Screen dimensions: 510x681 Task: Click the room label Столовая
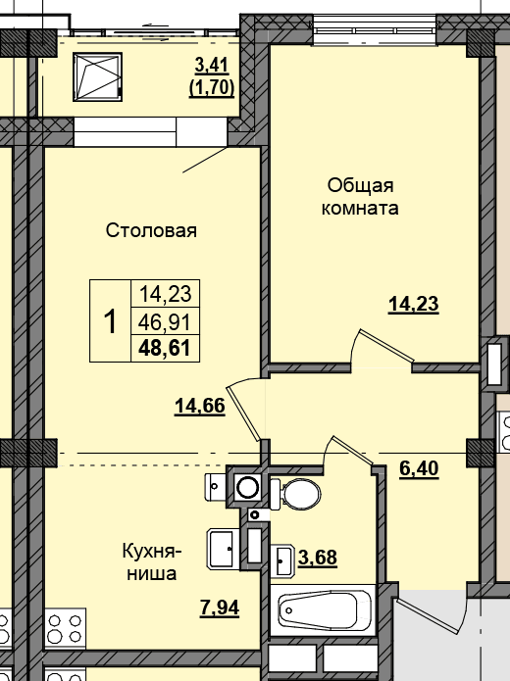151,230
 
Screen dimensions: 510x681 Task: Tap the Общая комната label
360,197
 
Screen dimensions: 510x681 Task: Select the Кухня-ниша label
152,562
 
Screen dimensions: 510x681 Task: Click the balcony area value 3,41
212,66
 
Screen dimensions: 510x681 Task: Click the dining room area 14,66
200,406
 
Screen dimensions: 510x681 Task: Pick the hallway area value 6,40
419,468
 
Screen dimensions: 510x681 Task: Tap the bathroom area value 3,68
318,558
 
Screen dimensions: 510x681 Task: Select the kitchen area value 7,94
220,608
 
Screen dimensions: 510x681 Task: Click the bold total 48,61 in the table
165,348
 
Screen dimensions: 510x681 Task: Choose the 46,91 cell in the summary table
165,322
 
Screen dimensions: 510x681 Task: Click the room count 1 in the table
111,321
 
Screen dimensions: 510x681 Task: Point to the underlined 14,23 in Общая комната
414,304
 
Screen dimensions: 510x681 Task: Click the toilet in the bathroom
295,494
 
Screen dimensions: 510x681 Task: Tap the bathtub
322,610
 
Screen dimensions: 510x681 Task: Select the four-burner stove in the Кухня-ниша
65,628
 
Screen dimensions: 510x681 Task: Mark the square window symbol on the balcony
97,76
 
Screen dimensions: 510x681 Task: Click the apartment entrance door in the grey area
429,616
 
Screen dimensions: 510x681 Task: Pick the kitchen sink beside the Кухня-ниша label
224,549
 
